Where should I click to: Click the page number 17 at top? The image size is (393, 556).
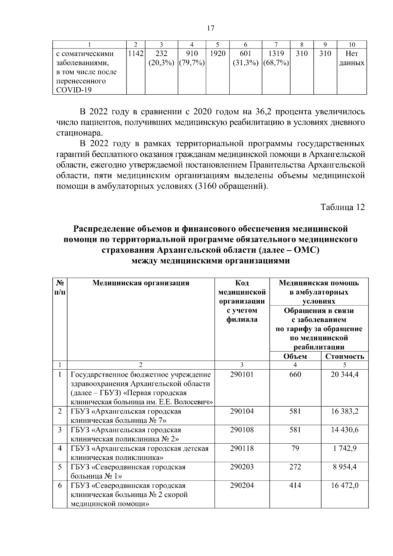tap(211, 28)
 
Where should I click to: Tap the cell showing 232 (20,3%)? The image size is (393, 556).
tap(161, 58)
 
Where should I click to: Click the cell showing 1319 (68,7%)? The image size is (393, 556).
tap(276, 58)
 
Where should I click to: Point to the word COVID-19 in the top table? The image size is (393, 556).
tap(74, 90)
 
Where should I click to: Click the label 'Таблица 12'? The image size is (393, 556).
tap(342, 207)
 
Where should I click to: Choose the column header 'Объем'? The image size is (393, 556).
tap(295, 356)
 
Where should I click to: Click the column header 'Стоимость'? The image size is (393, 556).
tap(345, 356)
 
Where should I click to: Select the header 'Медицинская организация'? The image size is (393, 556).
tap(141, 283)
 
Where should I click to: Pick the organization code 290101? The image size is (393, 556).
tap(242, 374)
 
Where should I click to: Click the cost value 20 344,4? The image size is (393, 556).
tap(345, 374)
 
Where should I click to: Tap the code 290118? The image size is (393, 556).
tap(242, 448)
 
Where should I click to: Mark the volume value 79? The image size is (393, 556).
tap(295, 448)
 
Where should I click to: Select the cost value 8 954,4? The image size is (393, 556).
tap(345, 467)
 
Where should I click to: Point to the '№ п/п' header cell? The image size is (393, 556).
tap(60, 287)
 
